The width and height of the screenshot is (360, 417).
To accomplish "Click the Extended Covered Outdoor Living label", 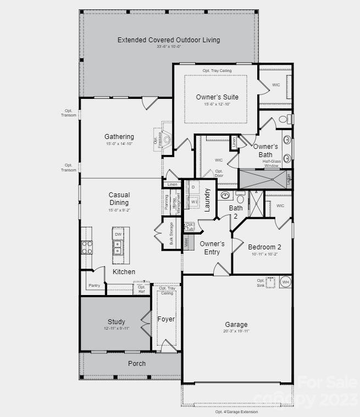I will tap(169, 40).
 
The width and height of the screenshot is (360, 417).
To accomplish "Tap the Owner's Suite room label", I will tap(217, 97).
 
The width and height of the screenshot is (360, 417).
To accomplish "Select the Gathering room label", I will tap(119, 137).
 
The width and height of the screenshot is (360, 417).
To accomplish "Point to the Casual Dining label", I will tap(119, 199).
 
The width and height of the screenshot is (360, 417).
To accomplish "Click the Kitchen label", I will tap(124, 272).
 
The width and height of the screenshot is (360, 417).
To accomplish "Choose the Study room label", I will tap(116, 322).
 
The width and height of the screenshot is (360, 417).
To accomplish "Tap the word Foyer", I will tap(166, 319).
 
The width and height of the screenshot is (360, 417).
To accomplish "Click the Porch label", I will tap(137, 364).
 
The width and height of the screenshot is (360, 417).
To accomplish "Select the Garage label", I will tap(236, 325).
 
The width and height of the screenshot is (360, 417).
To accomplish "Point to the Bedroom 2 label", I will tap(264, 247).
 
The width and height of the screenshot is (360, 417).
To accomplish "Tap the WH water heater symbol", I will tap(285, 282).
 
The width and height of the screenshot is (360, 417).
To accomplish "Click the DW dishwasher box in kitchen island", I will tap(118, 235).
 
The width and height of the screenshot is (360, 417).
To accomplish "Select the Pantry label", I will tap(95, 285).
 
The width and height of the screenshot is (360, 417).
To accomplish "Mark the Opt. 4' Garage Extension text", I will tap(236, 412).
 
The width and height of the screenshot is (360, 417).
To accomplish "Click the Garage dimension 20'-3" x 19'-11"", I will tap(236, 331).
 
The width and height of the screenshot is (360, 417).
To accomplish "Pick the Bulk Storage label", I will tap(171, 233).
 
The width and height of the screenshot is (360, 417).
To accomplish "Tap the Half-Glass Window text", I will tap(271, 163).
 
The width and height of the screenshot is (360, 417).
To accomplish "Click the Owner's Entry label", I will tap(212, 248).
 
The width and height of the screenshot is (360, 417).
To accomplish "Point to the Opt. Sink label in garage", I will tap(261, 283).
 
